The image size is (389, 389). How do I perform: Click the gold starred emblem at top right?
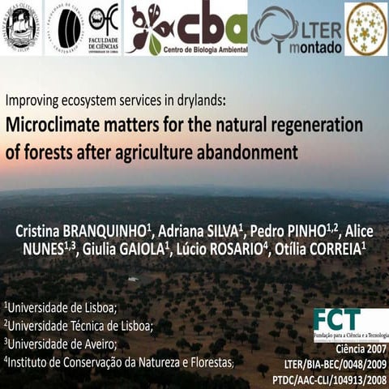365,28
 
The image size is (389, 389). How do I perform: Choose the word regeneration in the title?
315,126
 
